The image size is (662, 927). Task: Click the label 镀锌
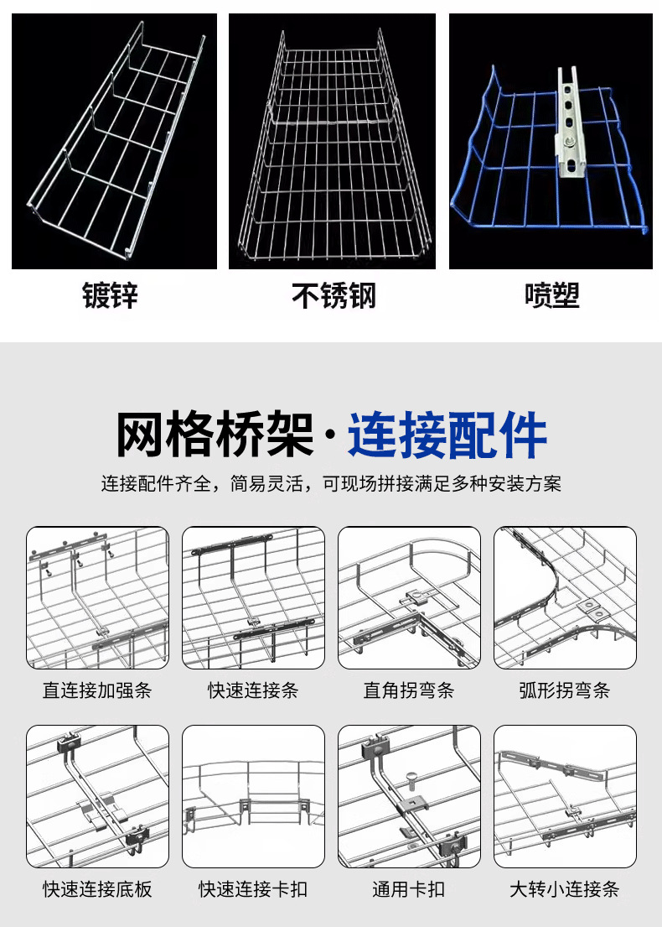coord(110,295)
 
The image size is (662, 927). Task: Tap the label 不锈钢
coord(334,295)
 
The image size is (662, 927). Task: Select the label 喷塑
coord(551,295)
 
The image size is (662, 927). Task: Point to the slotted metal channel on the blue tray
coord(568,126)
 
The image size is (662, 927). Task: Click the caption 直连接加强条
coord(97,690)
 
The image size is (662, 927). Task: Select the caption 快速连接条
coord(253,690)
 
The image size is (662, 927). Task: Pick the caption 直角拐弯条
coord(409,690)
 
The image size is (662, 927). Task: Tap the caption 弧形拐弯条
coord(565,690)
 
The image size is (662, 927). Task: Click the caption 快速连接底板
coord(97,888)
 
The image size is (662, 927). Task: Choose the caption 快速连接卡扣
coord(253,888)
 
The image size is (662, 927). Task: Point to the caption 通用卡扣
coord(409,888)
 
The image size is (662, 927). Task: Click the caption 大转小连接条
coord(565,888)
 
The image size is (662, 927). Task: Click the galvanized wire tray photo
coord(114,141)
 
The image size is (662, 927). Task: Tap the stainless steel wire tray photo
coord(334,141)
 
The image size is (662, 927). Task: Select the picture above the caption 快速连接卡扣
coord(253,796)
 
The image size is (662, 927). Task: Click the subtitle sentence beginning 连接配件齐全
coord(331,484)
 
